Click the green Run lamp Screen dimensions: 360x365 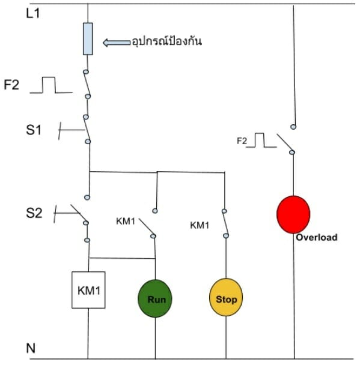pos(155,298)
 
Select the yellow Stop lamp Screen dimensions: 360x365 pos(226,297)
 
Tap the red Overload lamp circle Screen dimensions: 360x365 pos(293,214)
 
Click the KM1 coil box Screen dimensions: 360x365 pos(88,290)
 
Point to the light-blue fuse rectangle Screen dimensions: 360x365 pos(88,39)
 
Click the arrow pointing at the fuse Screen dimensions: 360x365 pos(117,43)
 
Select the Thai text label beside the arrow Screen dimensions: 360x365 pos(166,41)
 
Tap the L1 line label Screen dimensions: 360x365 pos(33,13)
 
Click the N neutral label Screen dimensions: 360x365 pos(31,348)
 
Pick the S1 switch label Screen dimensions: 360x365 pos(34,130)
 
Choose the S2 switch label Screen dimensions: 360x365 pos(34,213)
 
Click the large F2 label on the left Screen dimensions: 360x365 pos(11,85)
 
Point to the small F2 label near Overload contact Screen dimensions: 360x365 pos(242,141)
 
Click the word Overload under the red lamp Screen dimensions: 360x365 pos(317,237)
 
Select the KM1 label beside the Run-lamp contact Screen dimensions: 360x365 pos(126,221)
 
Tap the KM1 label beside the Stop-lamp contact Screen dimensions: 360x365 pos(200,225)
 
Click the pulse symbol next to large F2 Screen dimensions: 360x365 pos(51,85)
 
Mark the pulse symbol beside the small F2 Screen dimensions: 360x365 pos(261,140)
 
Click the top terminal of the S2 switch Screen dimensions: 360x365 pos(87,198)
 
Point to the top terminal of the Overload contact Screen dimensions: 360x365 pos(293,127)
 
